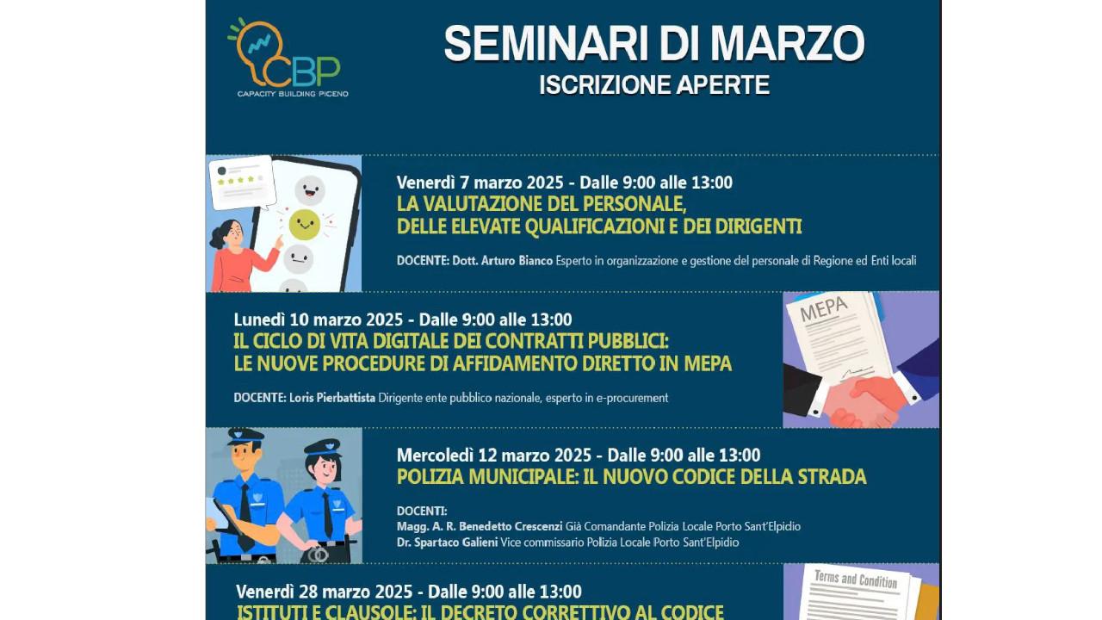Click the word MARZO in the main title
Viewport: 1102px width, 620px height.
(x=787, y=43)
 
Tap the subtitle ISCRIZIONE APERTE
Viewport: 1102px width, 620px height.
(x=654, y=84)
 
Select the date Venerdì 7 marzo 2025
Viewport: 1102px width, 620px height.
(x=480, y=183)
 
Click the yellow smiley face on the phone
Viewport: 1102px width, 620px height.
(x=304, y=225)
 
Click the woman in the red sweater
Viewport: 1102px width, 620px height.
(x=237, y=256)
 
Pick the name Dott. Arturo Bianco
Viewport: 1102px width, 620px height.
(x=502, y=261)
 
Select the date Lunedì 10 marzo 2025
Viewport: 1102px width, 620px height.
(x=319, y=319)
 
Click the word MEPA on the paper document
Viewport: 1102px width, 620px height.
(x=824, y=309)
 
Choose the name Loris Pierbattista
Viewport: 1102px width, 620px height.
(x=332, y=398)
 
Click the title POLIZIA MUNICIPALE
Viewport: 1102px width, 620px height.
(x=486, y=477)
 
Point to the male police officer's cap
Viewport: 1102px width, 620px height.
(x=245, y=436)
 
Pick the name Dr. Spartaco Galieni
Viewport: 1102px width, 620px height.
(x=447, y=542)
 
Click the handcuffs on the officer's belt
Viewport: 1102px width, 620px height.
(x=318, y=555)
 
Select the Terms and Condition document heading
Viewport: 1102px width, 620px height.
(x=856, y=580)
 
